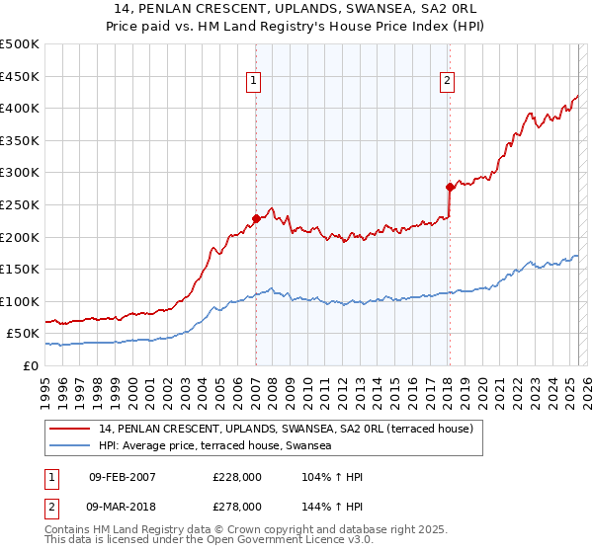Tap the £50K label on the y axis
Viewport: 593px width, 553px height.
point(23,334)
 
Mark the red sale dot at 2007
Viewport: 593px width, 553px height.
point(256,218)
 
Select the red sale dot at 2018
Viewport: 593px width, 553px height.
point(449,186)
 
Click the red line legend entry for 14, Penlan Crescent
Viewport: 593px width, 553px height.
point(287,429)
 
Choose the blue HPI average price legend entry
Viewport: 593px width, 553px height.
point(214,446)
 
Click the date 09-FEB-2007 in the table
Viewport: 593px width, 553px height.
point(122,478)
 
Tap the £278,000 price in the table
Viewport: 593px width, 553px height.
point(237,506)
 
